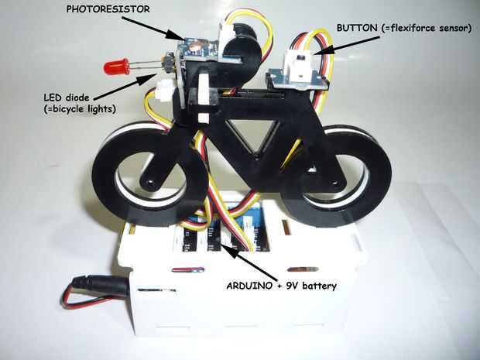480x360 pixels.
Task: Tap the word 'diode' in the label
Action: pos(81,98)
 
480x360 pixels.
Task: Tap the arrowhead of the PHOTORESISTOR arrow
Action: pos(184,39)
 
